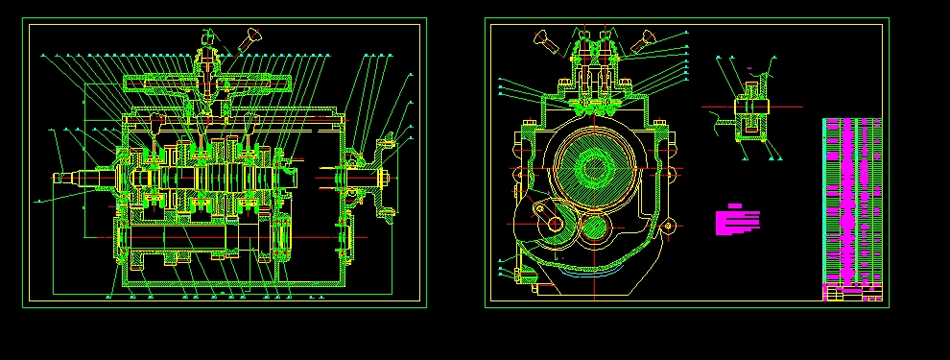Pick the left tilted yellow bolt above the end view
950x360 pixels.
pos(543,39)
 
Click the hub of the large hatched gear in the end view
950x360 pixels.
pos(594,169)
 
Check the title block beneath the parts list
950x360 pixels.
pos(852,293)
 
